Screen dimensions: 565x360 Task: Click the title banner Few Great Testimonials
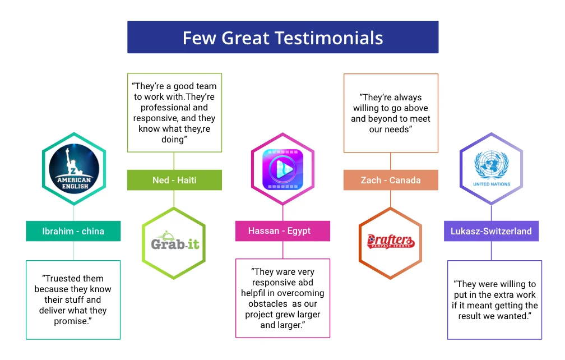pos(283,37)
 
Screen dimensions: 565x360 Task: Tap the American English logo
pos(74,169)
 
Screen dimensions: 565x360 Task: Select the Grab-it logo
pos(175,242)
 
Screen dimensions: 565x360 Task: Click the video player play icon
pos(283,169)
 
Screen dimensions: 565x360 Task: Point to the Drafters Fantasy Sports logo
pos(391,241)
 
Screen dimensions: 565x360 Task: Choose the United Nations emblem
pos(492,165)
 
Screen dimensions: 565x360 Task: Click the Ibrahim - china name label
pos(73,231)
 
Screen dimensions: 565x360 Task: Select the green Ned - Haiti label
pos(174,180)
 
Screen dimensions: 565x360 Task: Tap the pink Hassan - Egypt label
pos(282,230)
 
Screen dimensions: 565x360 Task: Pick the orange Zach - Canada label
pos(391,180)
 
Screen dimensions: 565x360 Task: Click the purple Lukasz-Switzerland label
pos(491,231)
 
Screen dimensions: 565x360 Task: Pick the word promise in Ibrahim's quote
pos(71,321)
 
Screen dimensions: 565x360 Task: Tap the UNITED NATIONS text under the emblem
pos(492,184)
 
